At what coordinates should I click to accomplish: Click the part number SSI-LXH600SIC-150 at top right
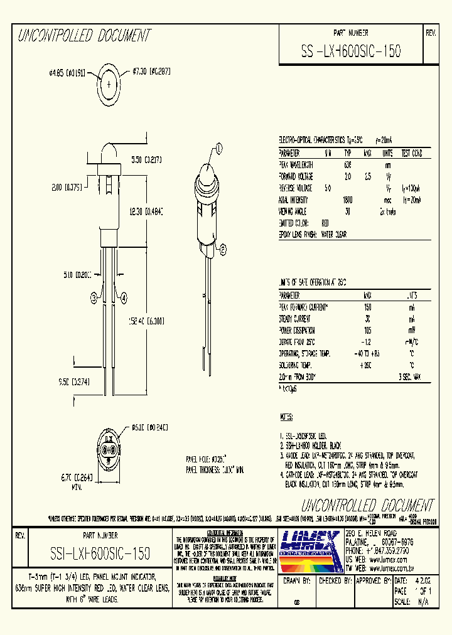coord(352,51)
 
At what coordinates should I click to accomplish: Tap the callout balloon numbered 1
coord(219,148)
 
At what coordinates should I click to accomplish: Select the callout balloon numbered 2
coord(222,254)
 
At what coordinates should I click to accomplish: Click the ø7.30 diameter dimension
coord(151,73)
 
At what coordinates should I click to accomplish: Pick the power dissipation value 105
coord(367,330)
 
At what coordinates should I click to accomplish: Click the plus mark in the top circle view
coord(110,83)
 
